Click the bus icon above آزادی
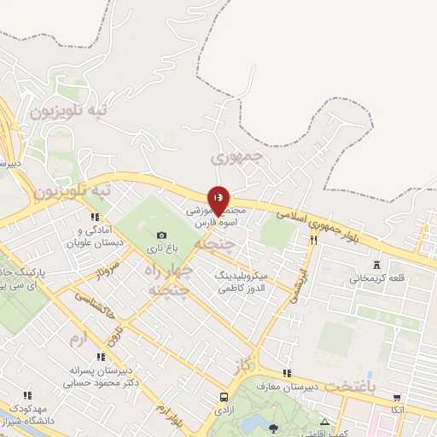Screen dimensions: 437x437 click(224, 397)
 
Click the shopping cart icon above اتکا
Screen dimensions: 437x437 click(396, 397)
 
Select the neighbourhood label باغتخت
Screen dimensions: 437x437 click(350, 387)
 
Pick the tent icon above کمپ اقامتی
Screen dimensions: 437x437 click(324, 422)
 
